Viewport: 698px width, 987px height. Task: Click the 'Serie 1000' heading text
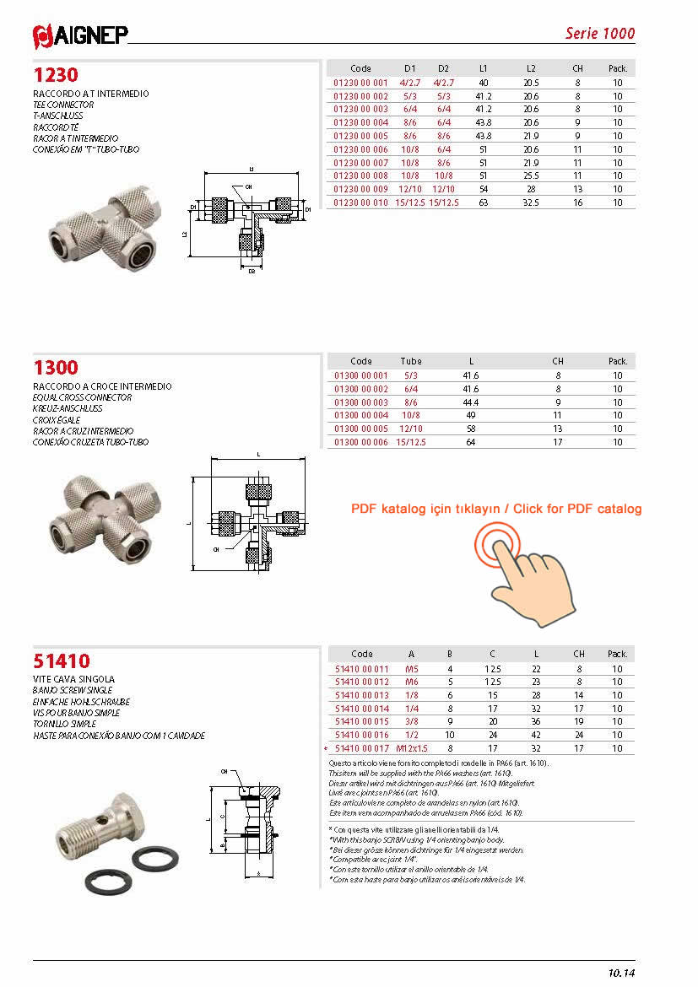(x=599, y=34)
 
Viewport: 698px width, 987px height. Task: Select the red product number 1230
(x=56, y=75)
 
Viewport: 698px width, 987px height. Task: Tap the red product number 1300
(x=56, y=367)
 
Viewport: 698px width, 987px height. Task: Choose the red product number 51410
(x=62, y=661)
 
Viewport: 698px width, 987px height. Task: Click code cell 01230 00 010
(x=360, y=202)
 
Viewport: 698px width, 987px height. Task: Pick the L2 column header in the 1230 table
(x=531, y=68)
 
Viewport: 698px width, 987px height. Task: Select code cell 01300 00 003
(x=361, y=402)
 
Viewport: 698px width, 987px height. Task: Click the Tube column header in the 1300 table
(x=411, y=361)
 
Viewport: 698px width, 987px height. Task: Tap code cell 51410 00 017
(x=362, y=747)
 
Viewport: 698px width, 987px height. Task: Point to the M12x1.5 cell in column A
(x=412, y=747)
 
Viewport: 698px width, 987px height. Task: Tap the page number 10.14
(x=620, y=973)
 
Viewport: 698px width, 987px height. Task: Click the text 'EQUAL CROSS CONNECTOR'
(x=82, y=397)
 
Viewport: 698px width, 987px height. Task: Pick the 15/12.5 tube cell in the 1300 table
(x=411, y=442)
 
